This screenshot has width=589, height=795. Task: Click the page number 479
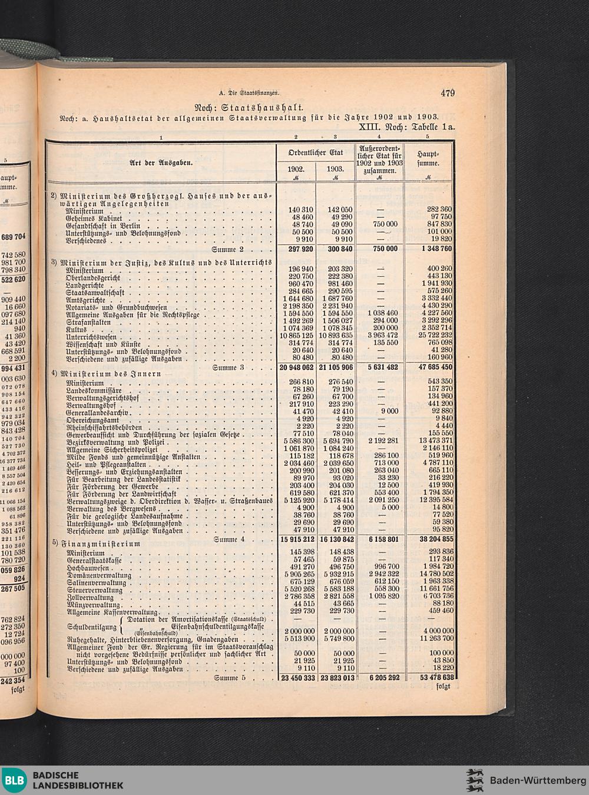click(447, 92)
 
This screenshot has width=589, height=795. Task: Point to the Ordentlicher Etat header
click(315, 153)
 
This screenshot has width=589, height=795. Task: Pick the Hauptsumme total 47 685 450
click(428, 366)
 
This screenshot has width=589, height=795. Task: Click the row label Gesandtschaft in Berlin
click(103, 226)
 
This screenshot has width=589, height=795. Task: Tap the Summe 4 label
click(229, 539)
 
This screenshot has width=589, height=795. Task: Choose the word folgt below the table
click(443, 685)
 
